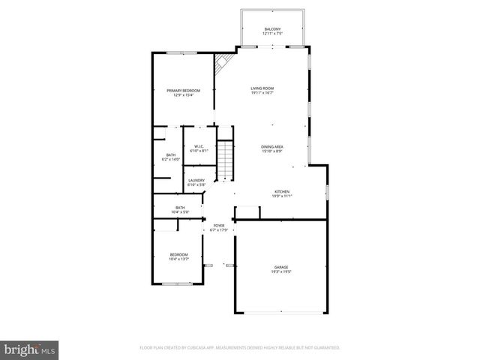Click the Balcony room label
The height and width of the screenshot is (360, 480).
pyautogui.click(x=272, y=28)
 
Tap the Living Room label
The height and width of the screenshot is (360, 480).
pyautogui.click(x=262, y=88)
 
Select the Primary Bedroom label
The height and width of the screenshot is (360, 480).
pyautogui.click(x=183, y=91)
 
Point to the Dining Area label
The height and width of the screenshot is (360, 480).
pyautogui.click(x=271, y=146)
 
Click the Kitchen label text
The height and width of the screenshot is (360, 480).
pyautogui.click(x=281, y=191)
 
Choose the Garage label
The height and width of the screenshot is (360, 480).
pyautogui.click(x=281, y=267)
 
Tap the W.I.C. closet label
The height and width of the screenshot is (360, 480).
pyautogui.click(x=199, y=146)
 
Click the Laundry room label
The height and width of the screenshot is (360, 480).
pyautogui.click(x=196, y=180)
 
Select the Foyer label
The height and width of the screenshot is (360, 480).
pyautogui.click(x=218, y=225)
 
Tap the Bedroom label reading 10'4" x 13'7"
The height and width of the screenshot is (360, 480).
pyautogui.click(x=178, y=255)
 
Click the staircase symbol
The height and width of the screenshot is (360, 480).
pyautogui.click(x=225, y=162)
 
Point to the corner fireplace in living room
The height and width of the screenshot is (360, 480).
pyautogui.click(x=222, y=65)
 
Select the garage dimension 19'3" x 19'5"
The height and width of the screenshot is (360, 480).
pyautogui.click(x=281, y=271)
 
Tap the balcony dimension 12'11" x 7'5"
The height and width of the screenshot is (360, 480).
pyautogui.click(x=272, y=33)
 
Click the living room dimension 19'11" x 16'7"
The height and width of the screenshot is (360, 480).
pyautogui.click(x=262, y=93)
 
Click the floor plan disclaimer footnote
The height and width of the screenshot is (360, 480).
pyautogui.click(x=240, y=348)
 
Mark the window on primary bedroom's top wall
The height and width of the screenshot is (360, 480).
pyautogui.click(x=177, y=52)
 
